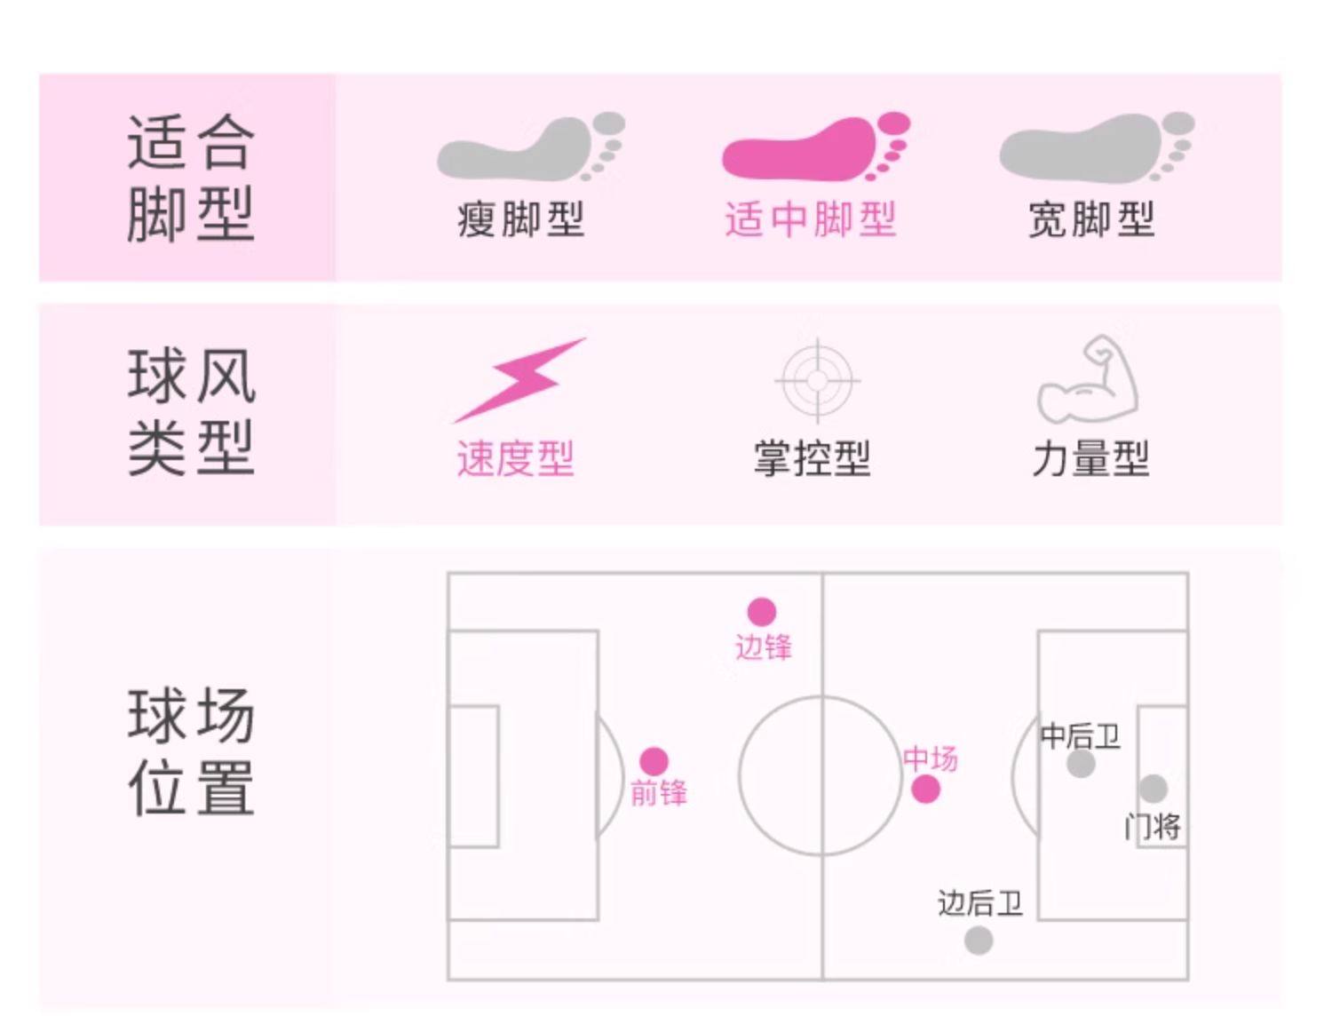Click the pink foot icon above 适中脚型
[815, 147]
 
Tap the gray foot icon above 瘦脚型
[530, 147]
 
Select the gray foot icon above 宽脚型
[1096, 147]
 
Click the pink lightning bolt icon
[520, 379]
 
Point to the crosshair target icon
[817, 380]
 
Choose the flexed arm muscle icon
[1090, 379]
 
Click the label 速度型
[515, 459]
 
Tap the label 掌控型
[812, 459]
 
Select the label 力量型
[1090, 459]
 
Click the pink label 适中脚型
[810, 219]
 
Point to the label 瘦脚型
[520, 219]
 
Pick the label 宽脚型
[1090, 219]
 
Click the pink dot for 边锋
[761, 611]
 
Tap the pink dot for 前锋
[654, 761]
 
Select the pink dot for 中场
[925, 789]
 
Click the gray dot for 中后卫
[1081, 764]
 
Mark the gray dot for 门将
[1153, 788]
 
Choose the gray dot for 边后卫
[979, 941]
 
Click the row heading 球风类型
[191, 412]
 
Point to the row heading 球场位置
[191, 751]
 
